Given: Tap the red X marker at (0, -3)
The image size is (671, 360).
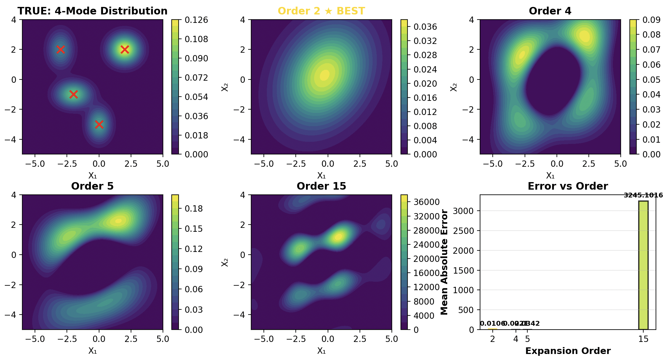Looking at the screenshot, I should point(99,124).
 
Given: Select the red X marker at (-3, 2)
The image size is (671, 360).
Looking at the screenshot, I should point(61,49).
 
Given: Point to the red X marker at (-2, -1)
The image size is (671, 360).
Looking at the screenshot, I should point(73,94).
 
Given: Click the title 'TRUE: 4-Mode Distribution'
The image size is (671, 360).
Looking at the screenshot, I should point(92,11).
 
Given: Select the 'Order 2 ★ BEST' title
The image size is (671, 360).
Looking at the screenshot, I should point(321,11).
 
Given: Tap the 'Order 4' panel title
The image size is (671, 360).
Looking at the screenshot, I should point(550,11).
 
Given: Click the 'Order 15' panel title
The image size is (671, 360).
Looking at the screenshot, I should point(321,186).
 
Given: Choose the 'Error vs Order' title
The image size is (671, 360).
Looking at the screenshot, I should point(568,186).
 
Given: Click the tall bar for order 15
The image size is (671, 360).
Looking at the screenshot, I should point(643,265).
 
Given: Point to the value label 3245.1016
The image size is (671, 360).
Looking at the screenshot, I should point(643,195).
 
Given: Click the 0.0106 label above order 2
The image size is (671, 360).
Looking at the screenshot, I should point(492,324).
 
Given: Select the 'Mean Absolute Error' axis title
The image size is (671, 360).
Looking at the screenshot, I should point(444,262).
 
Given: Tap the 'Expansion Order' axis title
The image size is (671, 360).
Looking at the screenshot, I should point(568,351).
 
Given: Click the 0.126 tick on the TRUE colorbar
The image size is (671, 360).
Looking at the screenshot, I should point(196,20).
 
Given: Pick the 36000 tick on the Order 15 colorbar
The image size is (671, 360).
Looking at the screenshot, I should point(427,202).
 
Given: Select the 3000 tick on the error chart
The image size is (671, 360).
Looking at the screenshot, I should point(467,211).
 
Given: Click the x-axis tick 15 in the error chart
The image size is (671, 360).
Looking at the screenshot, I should point(643,339).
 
